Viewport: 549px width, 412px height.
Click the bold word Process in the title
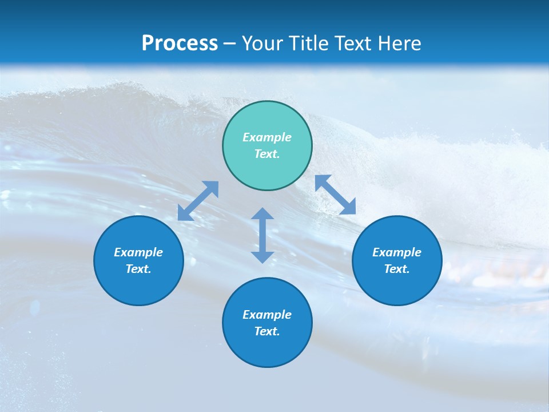[180, 43]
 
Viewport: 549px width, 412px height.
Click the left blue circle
[138, 260]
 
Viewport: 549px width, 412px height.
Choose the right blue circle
[397, 260]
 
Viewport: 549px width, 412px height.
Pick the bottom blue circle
[267, 322]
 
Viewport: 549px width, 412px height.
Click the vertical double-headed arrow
[262, 235]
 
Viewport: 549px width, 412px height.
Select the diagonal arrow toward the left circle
[198, 201]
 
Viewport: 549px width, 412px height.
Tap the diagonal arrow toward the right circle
[336, 195]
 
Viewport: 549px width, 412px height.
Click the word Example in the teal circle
[267, 137]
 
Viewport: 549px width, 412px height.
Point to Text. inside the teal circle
[267, 154]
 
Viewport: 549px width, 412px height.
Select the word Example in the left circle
[138, 252]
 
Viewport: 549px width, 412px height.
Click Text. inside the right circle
[397, 269]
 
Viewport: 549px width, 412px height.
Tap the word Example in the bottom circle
[267, 315]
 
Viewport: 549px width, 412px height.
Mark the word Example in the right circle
[397, 252]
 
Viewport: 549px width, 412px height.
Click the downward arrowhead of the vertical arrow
[262, 256]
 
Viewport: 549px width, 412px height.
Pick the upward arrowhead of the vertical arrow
[262, 215]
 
